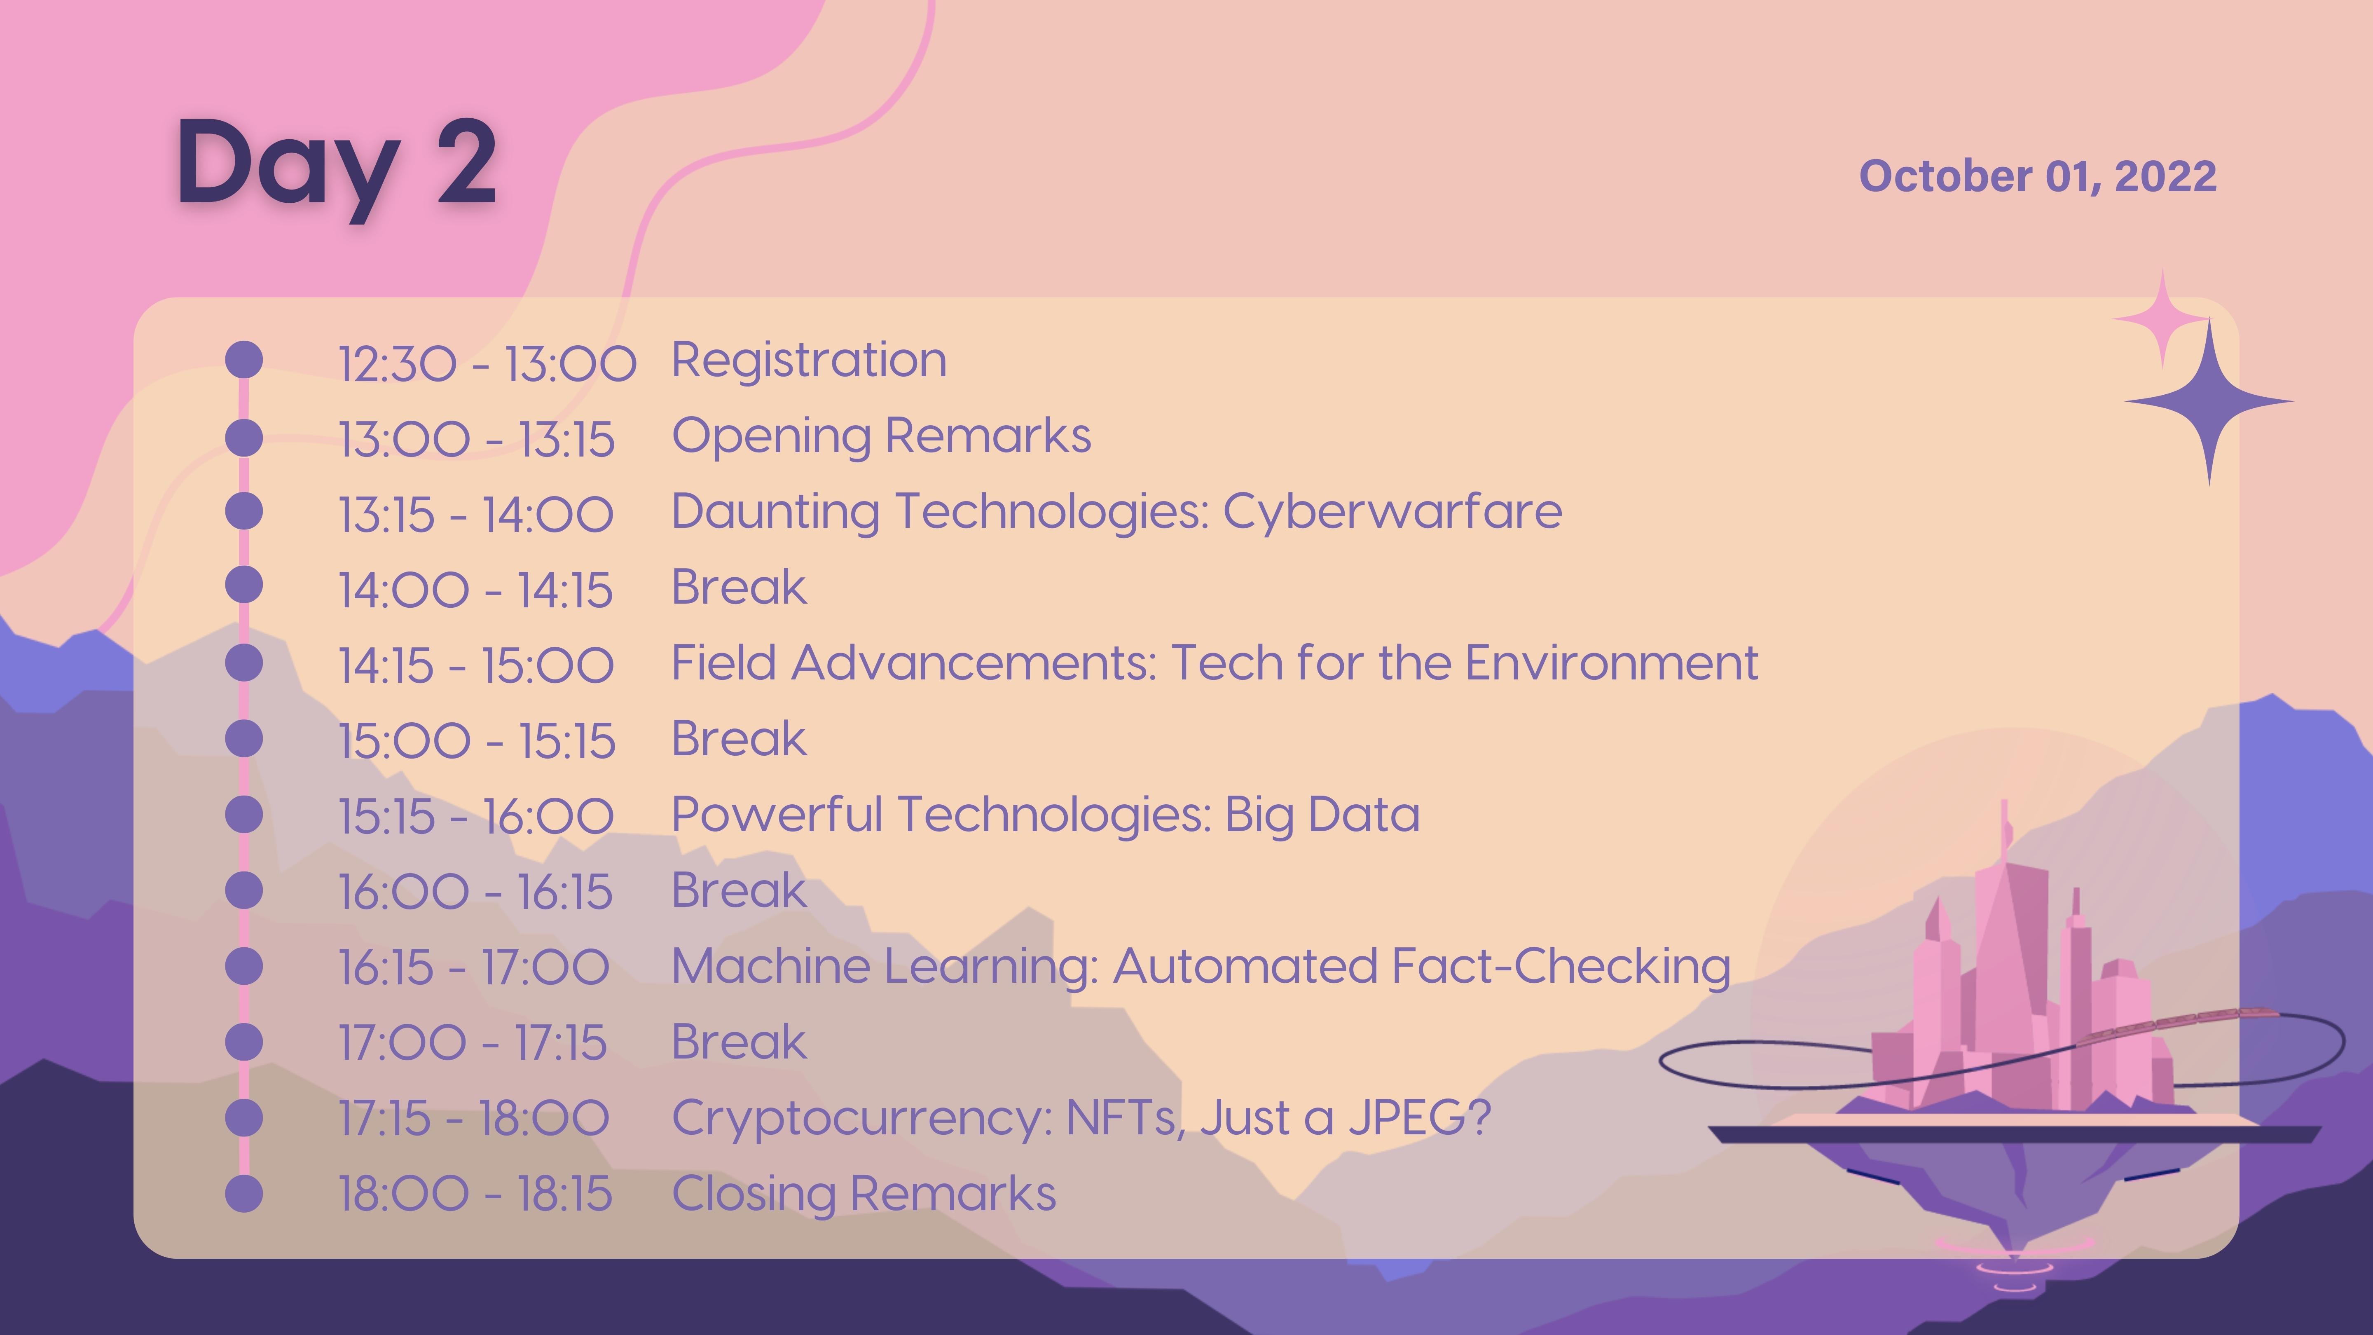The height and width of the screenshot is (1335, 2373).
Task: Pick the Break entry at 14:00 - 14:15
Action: [x=739, y=587]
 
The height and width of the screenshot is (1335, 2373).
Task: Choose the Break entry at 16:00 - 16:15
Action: [x=739, y=890]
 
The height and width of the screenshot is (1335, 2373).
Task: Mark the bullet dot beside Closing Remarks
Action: [x=244, y=1194]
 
